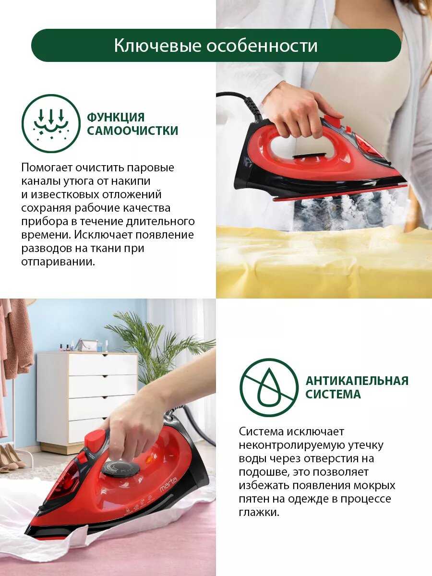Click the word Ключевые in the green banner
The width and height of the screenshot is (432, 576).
pos(158,46)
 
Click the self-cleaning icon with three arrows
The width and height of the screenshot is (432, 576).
pos(51,123)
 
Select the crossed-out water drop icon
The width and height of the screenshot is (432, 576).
pos(269,388)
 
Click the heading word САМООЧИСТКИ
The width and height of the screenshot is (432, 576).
pos(132,131)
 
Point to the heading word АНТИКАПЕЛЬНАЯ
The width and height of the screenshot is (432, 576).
pos(357,381)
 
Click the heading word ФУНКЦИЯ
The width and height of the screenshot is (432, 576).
pos(116,117)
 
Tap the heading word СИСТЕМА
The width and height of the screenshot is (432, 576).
pos(333,395)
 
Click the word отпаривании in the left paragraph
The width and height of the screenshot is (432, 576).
pos(58,262)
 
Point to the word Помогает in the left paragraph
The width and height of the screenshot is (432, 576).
pos(46,168)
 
